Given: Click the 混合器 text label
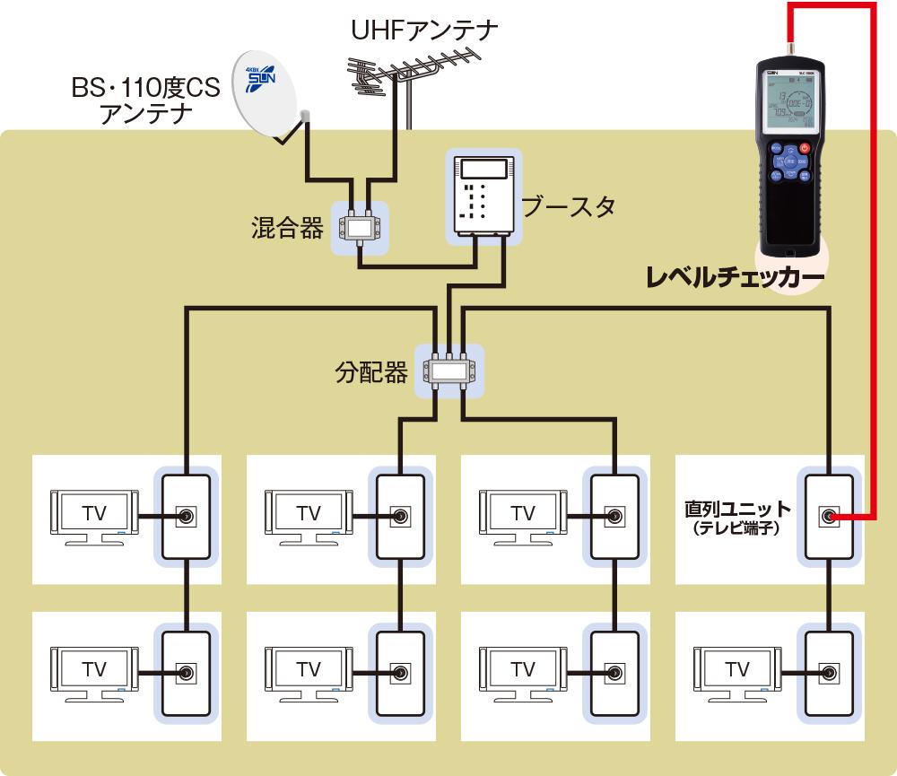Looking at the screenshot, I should tap(287, 228).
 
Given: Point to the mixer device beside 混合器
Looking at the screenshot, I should tap(361, 227).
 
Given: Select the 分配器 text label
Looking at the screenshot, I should tap(371, 371).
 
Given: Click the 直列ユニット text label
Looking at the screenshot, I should tap(738, 510).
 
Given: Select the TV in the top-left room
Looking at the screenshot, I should tap(94, 516).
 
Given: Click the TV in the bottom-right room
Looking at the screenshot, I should tap(737, 671).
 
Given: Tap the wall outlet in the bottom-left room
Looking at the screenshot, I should tap(186, 672).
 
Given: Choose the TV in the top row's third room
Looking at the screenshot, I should tap(522, 516).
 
